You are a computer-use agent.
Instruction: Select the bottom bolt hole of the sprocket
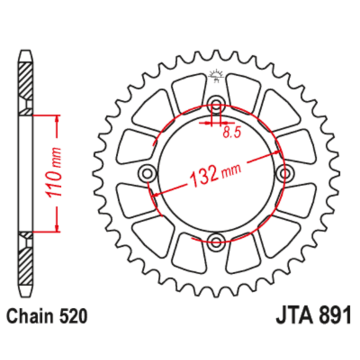click(216, 241)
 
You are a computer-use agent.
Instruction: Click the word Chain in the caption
click(29, 315)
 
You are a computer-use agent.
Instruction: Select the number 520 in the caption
click(71, 315)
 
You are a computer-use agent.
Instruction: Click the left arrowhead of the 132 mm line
click(154, 194)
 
